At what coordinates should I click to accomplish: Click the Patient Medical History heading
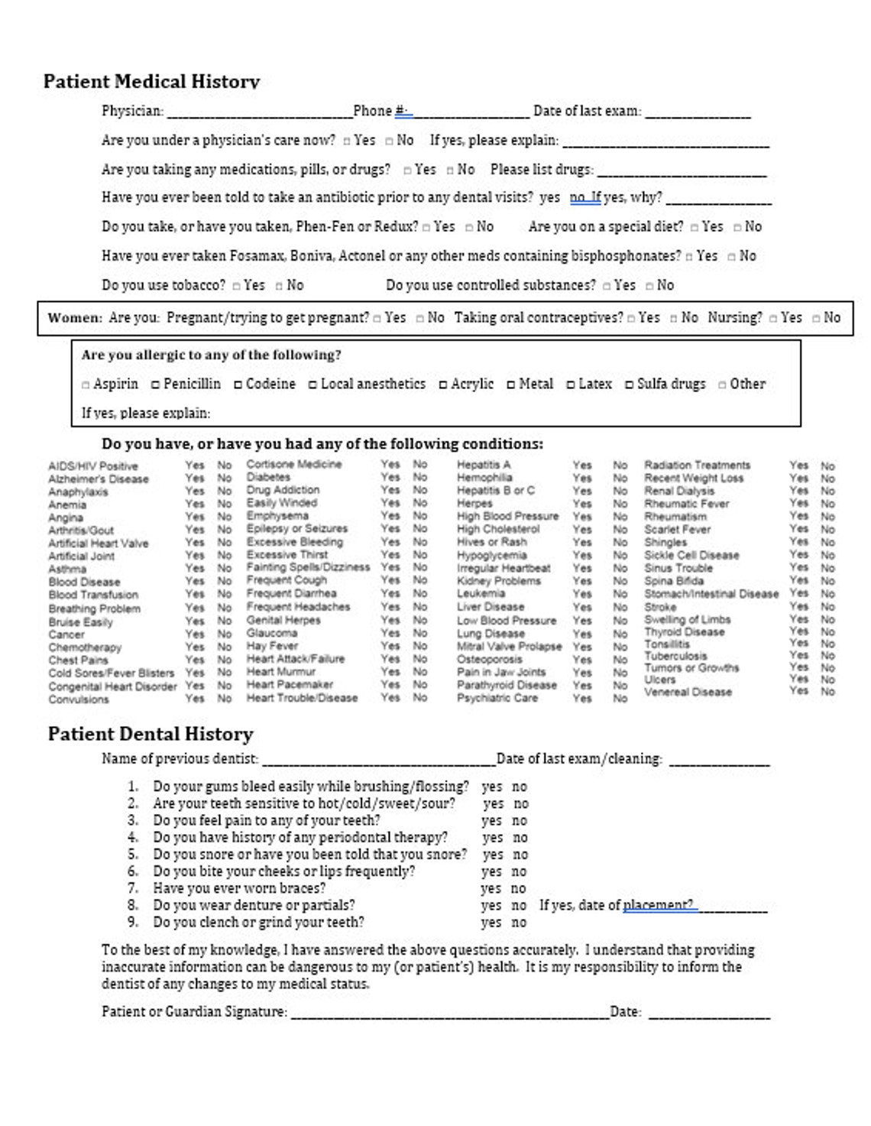point(151,81)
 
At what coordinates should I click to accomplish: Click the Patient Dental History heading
point(151,734)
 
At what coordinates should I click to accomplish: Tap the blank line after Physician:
point(259,113)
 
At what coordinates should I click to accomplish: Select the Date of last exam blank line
point(698,113)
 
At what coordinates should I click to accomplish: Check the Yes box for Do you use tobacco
point(237,286)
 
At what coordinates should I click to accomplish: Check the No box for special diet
point(737,227)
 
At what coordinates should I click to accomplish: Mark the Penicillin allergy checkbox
point(156,385)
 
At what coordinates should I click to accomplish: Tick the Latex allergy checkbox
point(571,385)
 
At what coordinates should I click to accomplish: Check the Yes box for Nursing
point(773,318)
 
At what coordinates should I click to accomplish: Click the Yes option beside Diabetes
point(390,477)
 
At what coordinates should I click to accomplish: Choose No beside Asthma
point(225,569)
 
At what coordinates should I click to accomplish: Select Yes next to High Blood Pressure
point(582,516)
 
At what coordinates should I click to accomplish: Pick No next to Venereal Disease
point(827,691)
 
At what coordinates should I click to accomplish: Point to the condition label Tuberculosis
point(675,656)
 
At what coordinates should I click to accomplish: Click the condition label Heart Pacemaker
point(290,684)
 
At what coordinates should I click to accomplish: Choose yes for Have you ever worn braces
point(491,888)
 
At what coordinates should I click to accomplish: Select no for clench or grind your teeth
point(519,922)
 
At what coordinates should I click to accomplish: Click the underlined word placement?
point(658,905)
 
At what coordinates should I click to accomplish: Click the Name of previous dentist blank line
point(377,761)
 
